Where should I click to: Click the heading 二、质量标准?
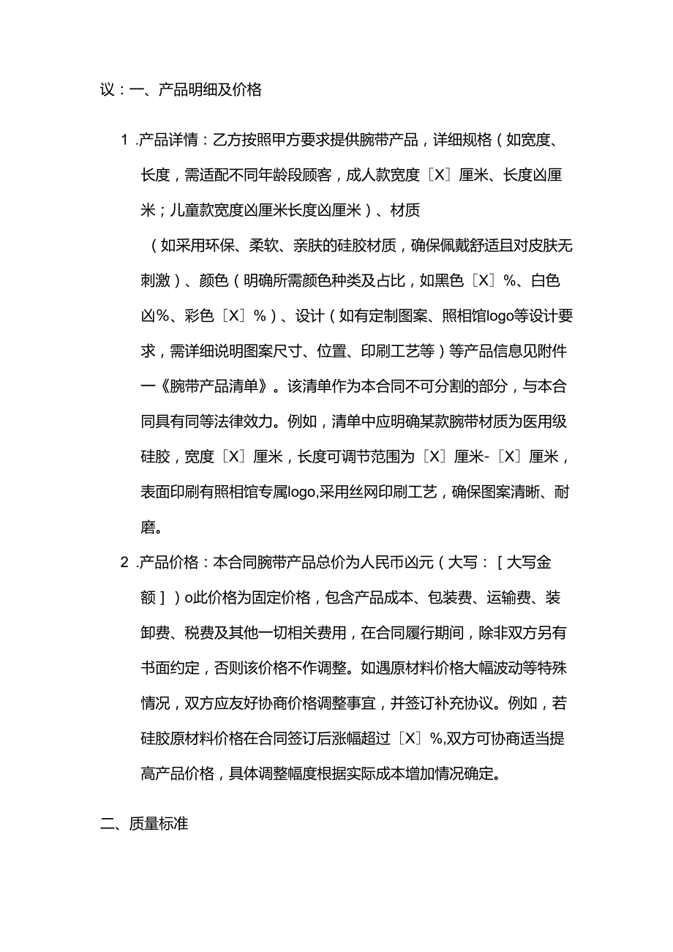pyautogui.click(x=144, y=823)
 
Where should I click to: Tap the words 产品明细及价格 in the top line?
pyautogui.click(x=211, y=91)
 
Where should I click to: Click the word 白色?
pyautogui.click(x=545, y=281)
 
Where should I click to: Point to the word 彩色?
pyautogui.click(x=197, y=316)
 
